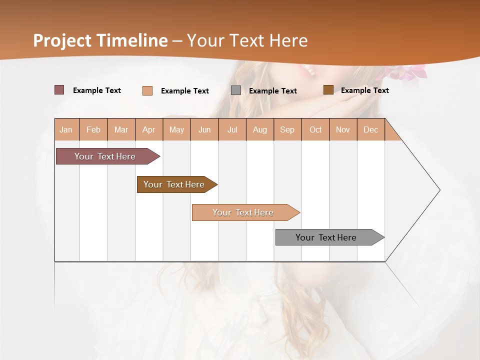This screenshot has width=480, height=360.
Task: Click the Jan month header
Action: (x=66, y=129)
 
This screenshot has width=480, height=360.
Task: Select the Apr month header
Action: (x=149, y=129)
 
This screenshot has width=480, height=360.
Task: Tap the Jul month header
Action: (x=232, y=129)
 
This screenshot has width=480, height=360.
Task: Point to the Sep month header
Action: (x=287, y=129)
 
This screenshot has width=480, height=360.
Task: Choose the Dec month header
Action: (x=370, y=129)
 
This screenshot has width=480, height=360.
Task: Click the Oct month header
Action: (x=315, y=129)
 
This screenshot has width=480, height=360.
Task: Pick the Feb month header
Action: (x=93, y=129)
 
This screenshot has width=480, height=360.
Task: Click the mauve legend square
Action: (x=59, y=90)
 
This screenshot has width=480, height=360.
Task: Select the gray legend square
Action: (x=236, y=90)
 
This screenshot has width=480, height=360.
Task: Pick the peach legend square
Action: (x=147, y=90)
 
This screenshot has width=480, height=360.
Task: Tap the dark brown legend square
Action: (x=328, y=90)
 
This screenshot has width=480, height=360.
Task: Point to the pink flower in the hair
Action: (x=410, y=73)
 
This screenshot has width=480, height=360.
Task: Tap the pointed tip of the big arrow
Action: (x=439, y=190)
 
